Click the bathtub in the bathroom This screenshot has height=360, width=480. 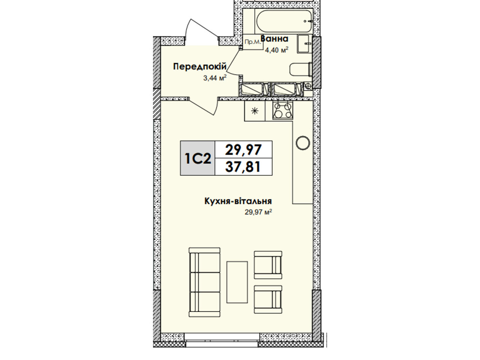(284, 21)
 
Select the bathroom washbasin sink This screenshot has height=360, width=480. (304, 44)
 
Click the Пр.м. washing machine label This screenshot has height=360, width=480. (253, 42)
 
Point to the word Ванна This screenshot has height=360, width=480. (274, 39)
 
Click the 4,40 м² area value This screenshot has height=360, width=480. (277, 50)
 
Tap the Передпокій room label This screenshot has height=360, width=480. (200, 66)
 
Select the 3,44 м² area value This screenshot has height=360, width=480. (215, 78)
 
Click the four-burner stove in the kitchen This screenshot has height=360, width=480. (283, 111)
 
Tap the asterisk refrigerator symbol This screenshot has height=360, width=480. (255, 111)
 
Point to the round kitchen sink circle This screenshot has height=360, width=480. (303, 143)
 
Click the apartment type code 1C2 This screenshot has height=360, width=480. (198, 158)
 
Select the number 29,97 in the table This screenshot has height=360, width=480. (243, 150)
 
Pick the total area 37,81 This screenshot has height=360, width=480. (243, 167)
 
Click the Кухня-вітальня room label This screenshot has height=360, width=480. (238, 201)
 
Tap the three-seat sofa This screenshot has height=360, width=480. (205, 282)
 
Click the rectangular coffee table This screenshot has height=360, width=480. (237, 282)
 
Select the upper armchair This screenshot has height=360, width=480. (268, 265)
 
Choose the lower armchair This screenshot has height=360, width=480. (268, 299)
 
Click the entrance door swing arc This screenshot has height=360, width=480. (201, 26)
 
